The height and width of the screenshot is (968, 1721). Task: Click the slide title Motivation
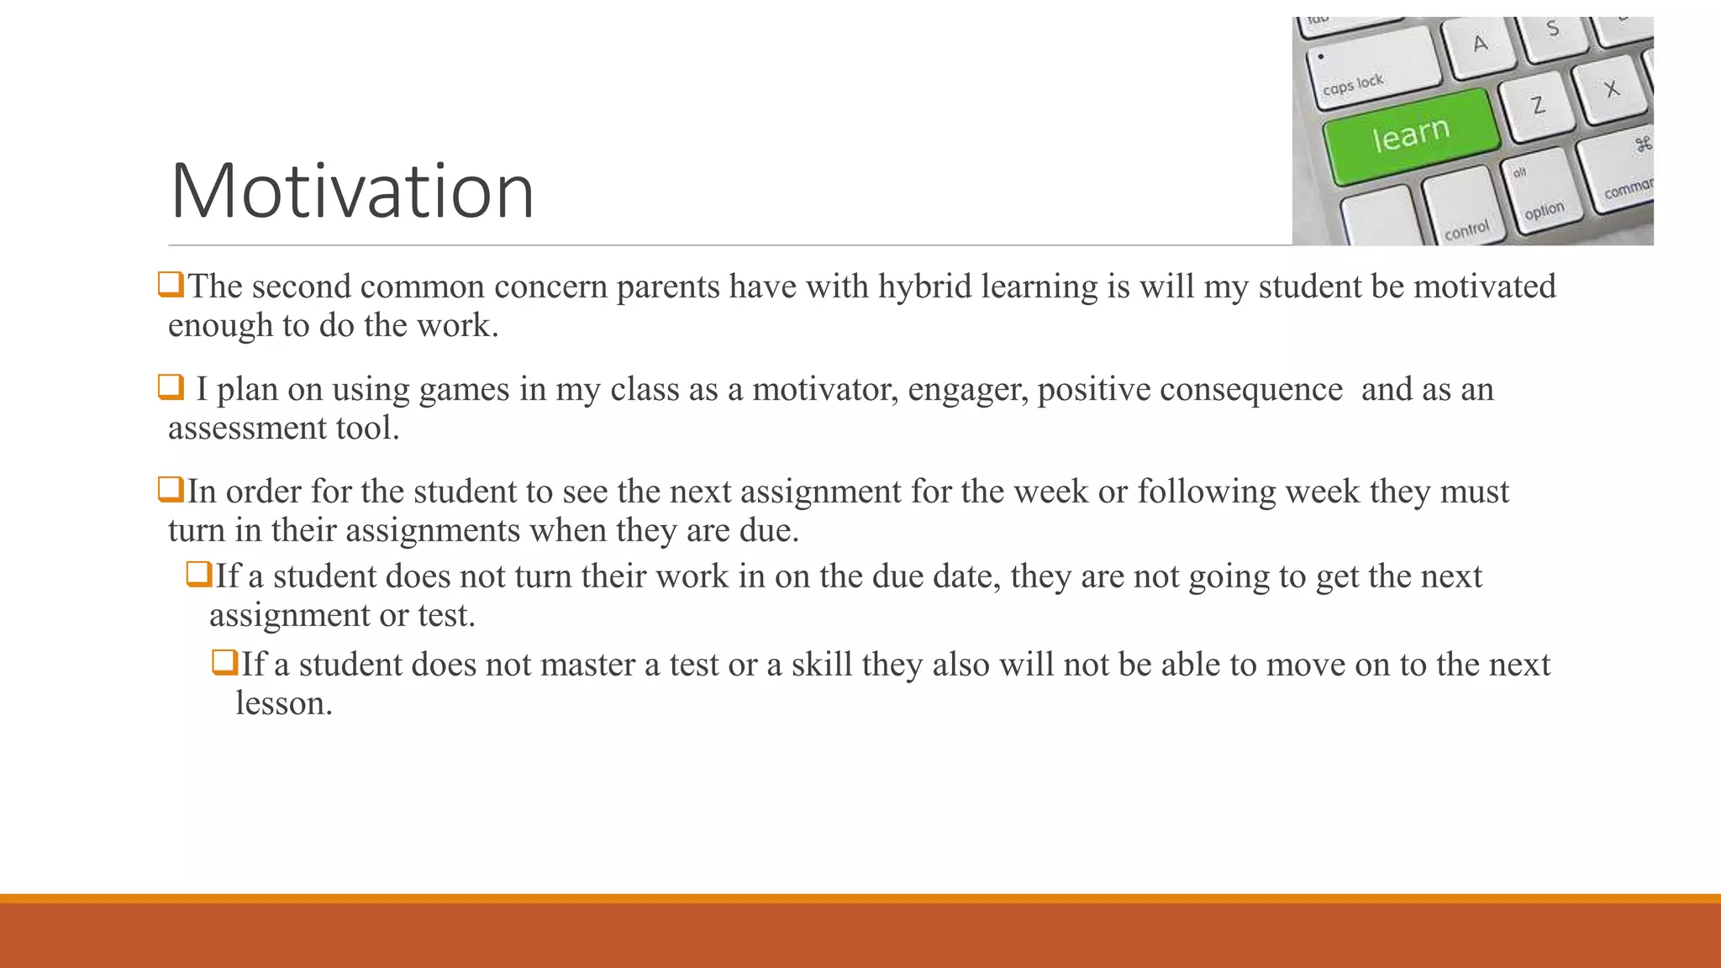pyautogui.click(x=352, y=192)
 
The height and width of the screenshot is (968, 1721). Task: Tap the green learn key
pyautogui.click(x=1411, y=134)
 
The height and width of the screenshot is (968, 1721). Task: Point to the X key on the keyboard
pyautogui.click(x=1610, y=87)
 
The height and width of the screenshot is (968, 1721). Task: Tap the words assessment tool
pyautogui.click(x=283, y=429)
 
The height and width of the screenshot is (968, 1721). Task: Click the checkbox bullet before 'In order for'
pyautogui.click(x=171, y=489)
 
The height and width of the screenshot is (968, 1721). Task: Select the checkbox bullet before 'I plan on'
pyautogui.click(x=171, y=387)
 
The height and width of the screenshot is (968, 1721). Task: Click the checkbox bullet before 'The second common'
pyautogui.click(x=171, y=285)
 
